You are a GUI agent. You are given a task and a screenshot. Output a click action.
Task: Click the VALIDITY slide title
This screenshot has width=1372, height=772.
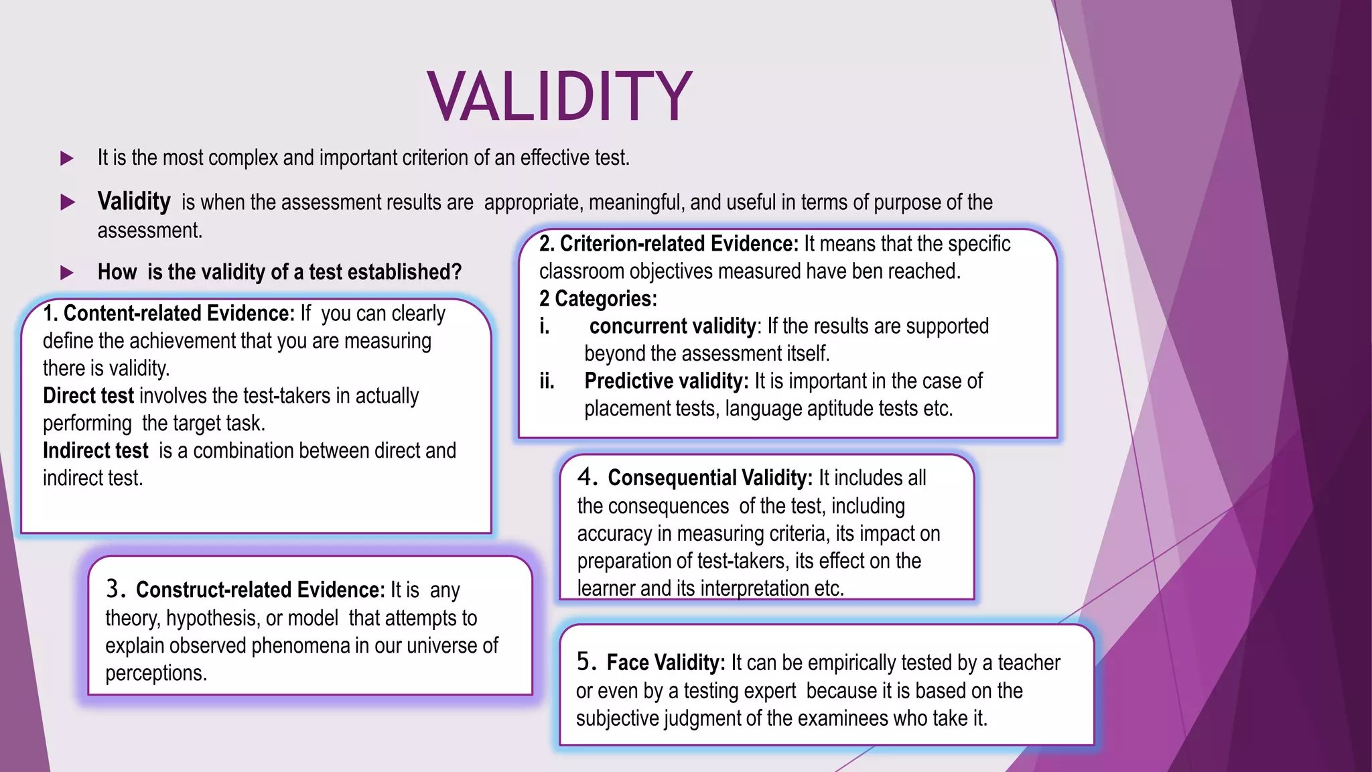[559, 96]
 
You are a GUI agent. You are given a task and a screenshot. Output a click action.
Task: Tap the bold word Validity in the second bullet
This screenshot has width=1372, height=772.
[134, 202]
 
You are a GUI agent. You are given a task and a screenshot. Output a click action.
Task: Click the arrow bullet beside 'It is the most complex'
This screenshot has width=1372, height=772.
[67, 159]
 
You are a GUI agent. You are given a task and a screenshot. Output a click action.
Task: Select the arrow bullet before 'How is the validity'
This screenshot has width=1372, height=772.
[67, 273]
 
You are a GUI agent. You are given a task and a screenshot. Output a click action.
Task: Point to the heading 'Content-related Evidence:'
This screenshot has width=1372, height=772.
[179, 314]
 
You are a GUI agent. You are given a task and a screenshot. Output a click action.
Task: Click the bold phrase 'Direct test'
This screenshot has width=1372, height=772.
[88, 396]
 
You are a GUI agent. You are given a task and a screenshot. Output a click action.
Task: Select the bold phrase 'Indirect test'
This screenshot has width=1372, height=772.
[96, 451]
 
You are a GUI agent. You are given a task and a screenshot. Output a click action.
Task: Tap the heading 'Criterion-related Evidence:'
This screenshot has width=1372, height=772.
[679, 244]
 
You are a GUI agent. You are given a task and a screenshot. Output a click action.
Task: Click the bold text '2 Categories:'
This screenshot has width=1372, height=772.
[598, 299]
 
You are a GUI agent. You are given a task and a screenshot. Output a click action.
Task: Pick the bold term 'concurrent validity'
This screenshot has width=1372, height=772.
[673, 326]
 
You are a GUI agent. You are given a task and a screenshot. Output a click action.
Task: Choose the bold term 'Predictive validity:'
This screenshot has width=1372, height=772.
[667, 381]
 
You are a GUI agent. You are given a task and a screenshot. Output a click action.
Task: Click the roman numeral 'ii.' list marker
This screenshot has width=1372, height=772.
[547, 381]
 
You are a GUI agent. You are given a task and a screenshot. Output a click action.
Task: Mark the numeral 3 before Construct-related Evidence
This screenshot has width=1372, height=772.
[115, 589]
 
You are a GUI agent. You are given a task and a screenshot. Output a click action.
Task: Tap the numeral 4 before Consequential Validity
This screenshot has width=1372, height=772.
[586, 477]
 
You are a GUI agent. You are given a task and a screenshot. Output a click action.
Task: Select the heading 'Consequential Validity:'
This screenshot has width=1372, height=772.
[710, 478]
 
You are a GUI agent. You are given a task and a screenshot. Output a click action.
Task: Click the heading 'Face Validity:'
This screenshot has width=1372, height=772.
[666, 663]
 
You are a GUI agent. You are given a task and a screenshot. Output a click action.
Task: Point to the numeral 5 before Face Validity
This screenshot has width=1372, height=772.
[585, 662]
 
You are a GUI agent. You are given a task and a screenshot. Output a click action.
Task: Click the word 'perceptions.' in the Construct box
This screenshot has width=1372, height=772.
[156, 673]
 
